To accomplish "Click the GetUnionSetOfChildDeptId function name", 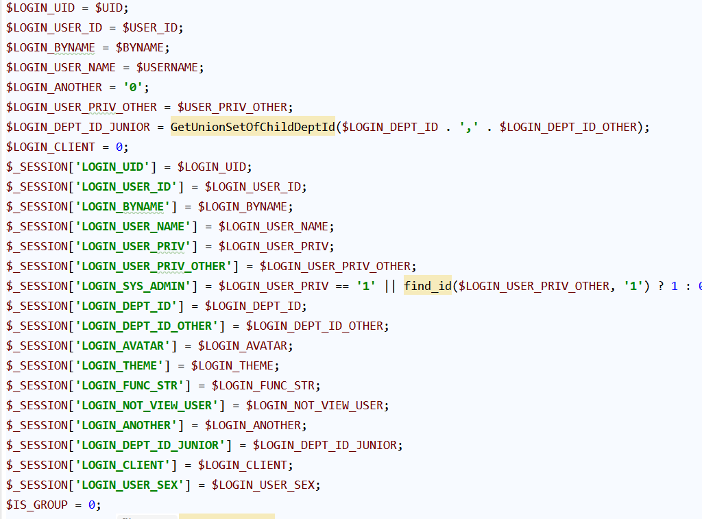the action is pos(252,127).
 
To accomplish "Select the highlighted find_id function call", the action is pos(428,286).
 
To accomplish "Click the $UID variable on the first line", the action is pos(109,8).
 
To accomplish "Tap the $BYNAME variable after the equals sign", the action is pos(140,47).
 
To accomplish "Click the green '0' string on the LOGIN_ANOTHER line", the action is pos(133,87).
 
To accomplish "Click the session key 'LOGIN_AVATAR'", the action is pos(123,346).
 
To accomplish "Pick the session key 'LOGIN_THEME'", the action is pos(119,366).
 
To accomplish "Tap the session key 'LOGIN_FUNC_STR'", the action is pos(130,385).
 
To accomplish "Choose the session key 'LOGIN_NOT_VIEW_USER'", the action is pos(147,405).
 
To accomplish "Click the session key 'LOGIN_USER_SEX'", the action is pos(130,485).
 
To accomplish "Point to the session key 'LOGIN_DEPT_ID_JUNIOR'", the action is pos(150,445).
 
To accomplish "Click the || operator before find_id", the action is pos(390,286).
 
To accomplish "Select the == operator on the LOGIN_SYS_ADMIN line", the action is pos(342,287).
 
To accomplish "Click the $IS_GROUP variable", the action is pos(37,505).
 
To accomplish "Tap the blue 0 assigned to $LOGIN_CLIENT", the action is pos(119,147).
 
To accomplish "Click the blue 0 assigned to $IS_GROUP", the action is pos(92,505).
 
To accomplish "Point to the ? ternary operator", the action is pos(661,286).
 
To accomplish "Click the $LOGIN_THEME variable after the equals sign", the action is pos(232,366).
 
